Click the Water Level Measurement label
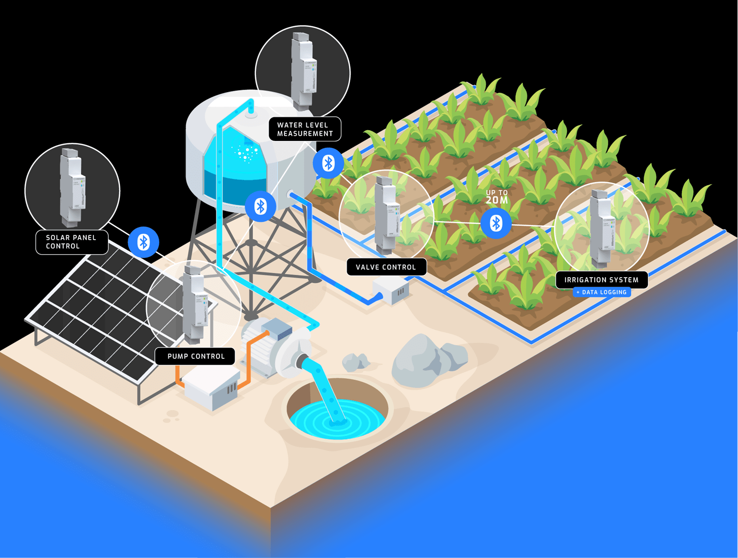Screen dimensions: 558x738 [305, 129]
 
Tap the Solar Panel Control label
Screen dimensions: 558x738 [71, 242]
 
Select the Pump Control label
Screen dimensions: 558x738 [196, 356]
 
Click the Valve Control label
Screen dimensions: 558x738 [386, 267]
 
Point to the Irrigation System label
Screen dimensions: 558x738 [601, 279]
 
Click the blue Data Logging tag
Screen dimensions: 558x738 [601, 292]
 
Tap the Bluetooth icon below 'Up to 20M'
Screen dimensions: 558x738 [496, 223]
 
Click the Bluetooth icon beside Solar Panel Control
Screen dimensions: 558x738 [143, 242]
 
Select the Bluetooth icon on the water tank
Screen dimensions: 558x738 [260, 206]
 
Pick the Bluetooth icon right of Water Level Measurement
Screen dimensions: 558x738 [328, 163]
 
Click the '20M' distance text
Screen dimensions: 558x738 [497, 200]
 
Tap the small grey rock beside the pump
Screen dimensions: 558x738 [356, 362]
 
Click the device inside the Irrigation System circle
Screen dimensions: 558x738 [602, 227]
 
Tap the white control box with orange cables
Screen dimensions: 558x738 [212, 387]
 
